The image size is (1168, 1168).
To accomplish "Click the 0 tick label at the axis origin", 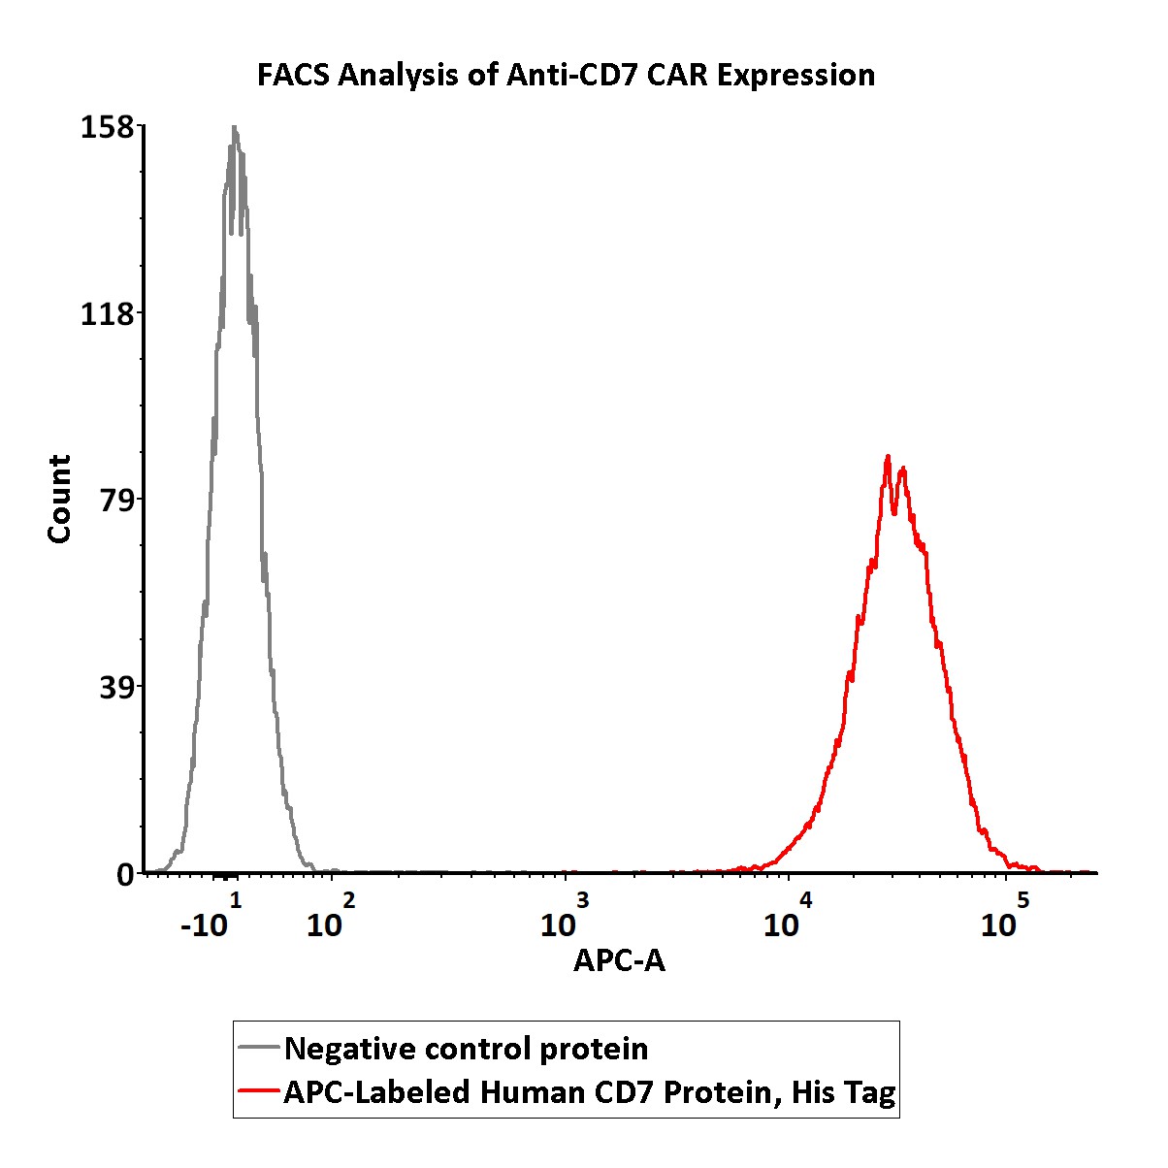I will tap(125, 875).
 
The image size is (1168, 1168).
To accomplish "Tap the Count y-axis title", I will tap(60, 499).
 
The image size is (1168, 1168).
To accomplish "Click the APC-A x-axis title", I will tap(619, 960).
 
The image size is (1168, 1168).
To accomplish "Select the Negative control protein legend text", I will tap(467, 1049).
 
